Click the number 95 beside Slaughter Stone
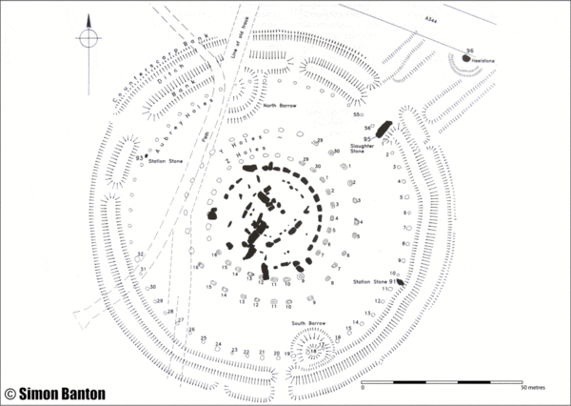366,137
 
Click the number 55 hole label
357,115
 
